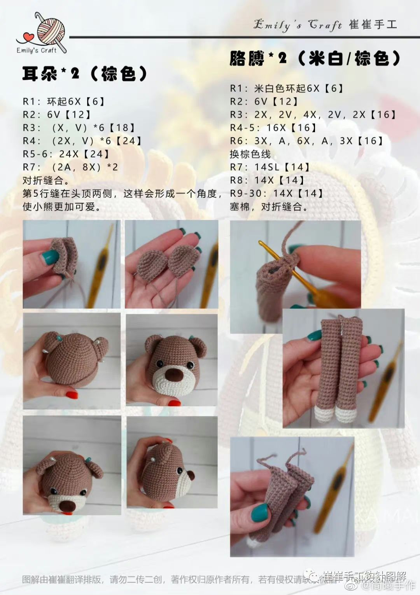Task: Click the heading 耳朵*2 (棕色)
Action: coord(85,73)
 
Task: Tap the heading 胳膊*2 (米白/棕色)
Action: coord(315,59)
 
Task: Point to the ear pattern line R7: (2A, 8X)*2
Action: coord(70,167)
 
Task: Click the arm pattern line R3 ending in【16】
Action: coord(313,115)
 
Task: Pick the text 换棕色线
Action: coord(250,154)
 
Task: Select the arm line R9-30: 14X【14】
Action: coord(276,193)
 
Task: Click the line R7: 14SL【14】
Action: coord(270,167)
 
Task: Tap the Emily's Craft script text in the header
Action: coord(297,25)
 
